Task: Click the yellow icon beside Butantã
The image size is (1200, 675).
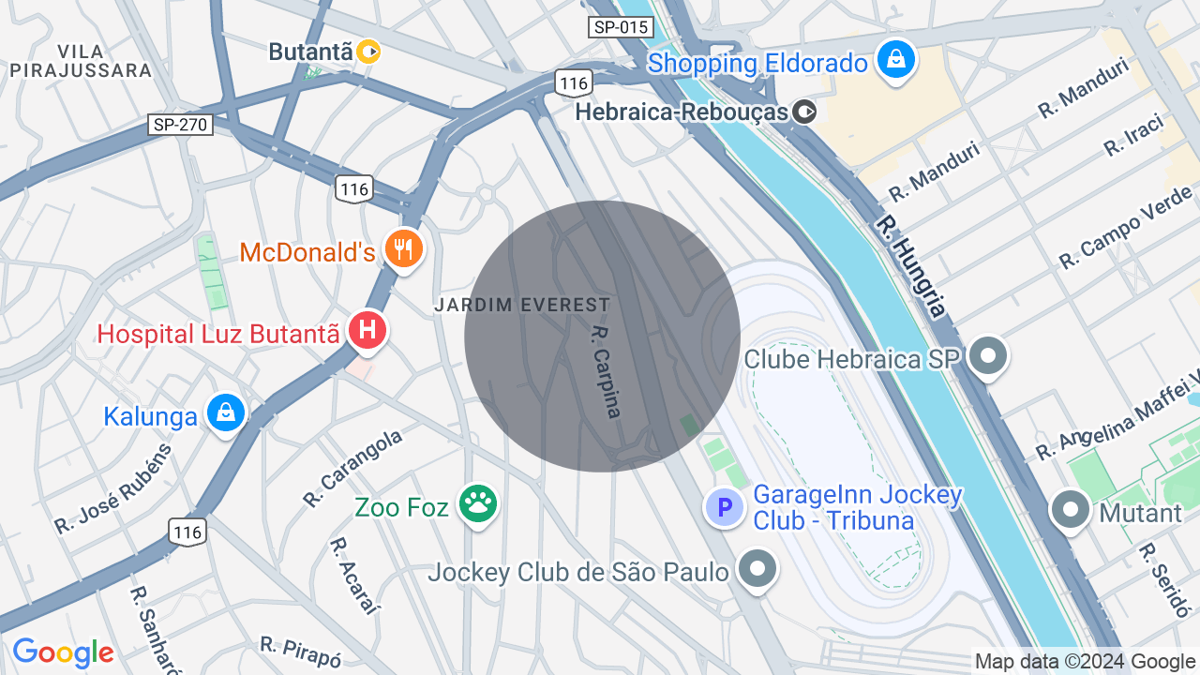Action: pyautogui.click(x=368, y=52)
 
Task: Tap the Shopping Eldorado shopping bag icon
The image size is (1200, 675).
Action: pyautogui.click(x=897, y=60)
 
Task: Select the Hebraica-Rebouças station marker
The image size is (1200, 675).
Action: pyautogui.click(x=804, y=112)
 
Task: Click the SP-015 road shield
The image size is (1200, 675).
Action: pyautogui.click(x=621, y=27)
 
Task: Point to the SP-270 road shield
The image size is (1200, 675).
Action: pyautogui.click(x=181, y=125)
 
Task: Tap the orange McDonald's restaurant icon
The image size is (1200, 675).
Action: pyautogui.click(x=404, y=248)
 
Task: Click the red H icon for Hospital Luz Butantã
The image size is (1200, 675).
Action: pyautogui.click(x=367, y=330)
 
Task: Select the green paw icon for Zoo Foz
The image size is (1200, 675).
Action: pyautogui.click(x=478, y=504)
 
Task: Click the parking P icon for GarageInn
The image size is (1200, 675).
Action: pyautogui.click(x=724, y=508)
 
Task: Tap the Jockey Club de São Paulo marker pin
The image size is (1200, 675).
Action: pyautogui.click(x=757, y=567)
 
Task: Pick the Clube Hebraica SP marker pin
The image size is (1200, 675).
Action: pyautogui.click(x=987, y=356)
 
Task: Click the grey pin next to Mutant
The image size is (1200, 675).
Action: pyautogui.click(x=1070, y=510)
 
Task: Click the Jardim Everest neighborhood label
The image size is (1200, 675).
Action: pyautogui.click(x=522, y=305)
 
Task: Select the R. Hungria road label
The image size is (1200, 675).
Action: pyautogui.click(x=910, y=266)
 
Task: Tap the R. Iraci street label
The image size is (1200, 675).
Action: pyautogui.click(x=1133, y=135)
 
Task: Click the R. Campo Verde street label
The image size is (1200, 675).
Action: pyautogui.click(x=1125, y=227)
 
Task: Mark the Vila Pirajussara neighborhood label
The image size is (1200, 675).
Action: pyautogui.click(x=81, y=61)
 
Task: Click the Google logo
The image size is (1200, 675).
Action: pyautogui.click(x=63, y=652)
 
